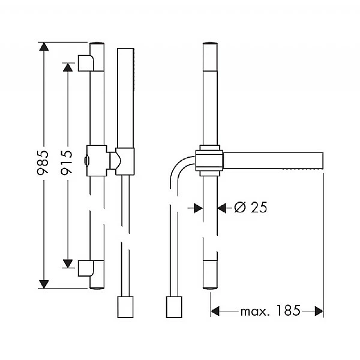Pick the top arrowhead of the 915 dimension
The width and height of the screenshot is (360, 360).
tap(67, 67)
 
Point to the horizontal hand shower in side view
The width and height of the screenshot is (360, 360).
tap(273, 161)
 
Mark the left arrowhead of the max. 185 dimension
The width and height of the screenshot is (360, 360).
tap(216, 311)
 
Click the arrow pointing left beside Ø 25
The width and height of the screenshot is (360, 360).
tap(223, 208)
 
